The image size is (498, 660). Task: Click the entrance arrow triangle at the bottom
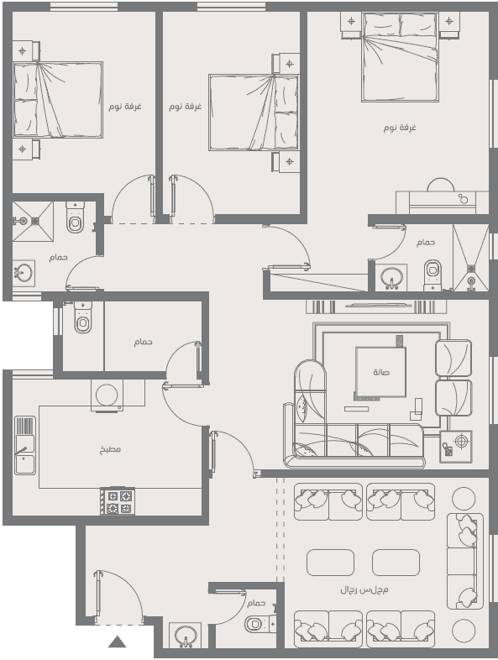point(117,642)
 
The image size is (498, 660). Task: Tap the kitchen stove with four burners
point(118,501)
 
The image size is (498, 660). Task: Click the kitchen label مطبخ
point(110,449)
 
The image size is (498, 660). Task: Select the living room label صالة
point(381,372)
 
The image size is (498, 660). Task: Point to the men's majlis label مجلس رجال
point(364,589)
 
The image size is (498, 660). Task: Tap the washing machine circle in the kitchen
point(107,395)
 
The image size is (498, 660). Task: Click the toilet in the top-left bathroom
point(76,217)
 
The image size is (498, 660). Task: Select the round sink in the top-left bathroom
point(23,273)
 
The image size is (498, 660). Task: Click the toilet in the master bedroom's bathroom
point(432,275)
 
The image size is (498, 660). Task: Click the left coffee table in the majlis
point(330,563)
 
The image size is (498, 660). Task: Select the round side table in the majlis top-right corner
point(464,499)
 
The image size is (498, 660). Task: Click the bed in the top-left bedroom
point(58,100)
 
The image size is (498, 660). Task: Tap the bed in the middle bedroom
point(254,113)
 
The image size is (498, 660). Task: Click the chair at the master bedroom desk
point(441,186)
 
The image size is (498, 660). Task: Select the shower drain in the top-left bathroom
point(35,221)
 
